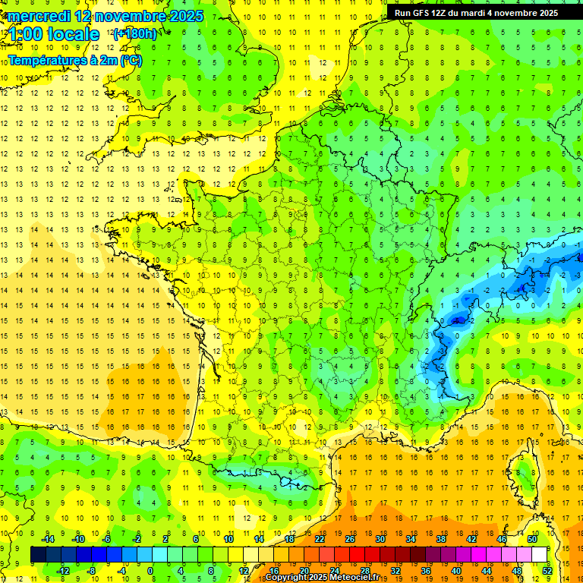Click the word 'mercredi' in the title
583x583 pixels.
coord(39,16)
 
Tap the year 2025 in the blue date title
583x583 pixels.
coord(183,16)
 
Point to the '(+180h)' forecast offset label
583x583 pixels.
coord(134,34)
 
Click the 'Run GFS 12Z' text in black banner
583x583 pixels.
coord(422,13)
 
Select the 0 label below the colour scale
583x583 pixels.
coord(150,570)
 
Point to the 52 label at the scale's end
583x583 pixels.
coord(547,570)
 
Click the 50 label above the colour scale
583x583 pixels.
coord(531,539)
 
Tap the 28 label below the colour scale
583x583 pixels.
coord(364,570)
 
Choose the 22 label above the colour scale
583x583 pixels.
coord(320,539)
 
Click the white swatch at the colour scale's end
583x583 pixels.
coord(539,554)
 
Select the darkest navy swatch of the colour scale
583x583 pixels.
coord(38,554)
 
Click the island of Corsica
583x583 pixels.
coord(522,468)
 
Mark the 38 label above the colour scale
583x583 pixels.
coord(440,539)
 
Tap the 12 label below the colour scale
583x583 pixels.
coord(243,570)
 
